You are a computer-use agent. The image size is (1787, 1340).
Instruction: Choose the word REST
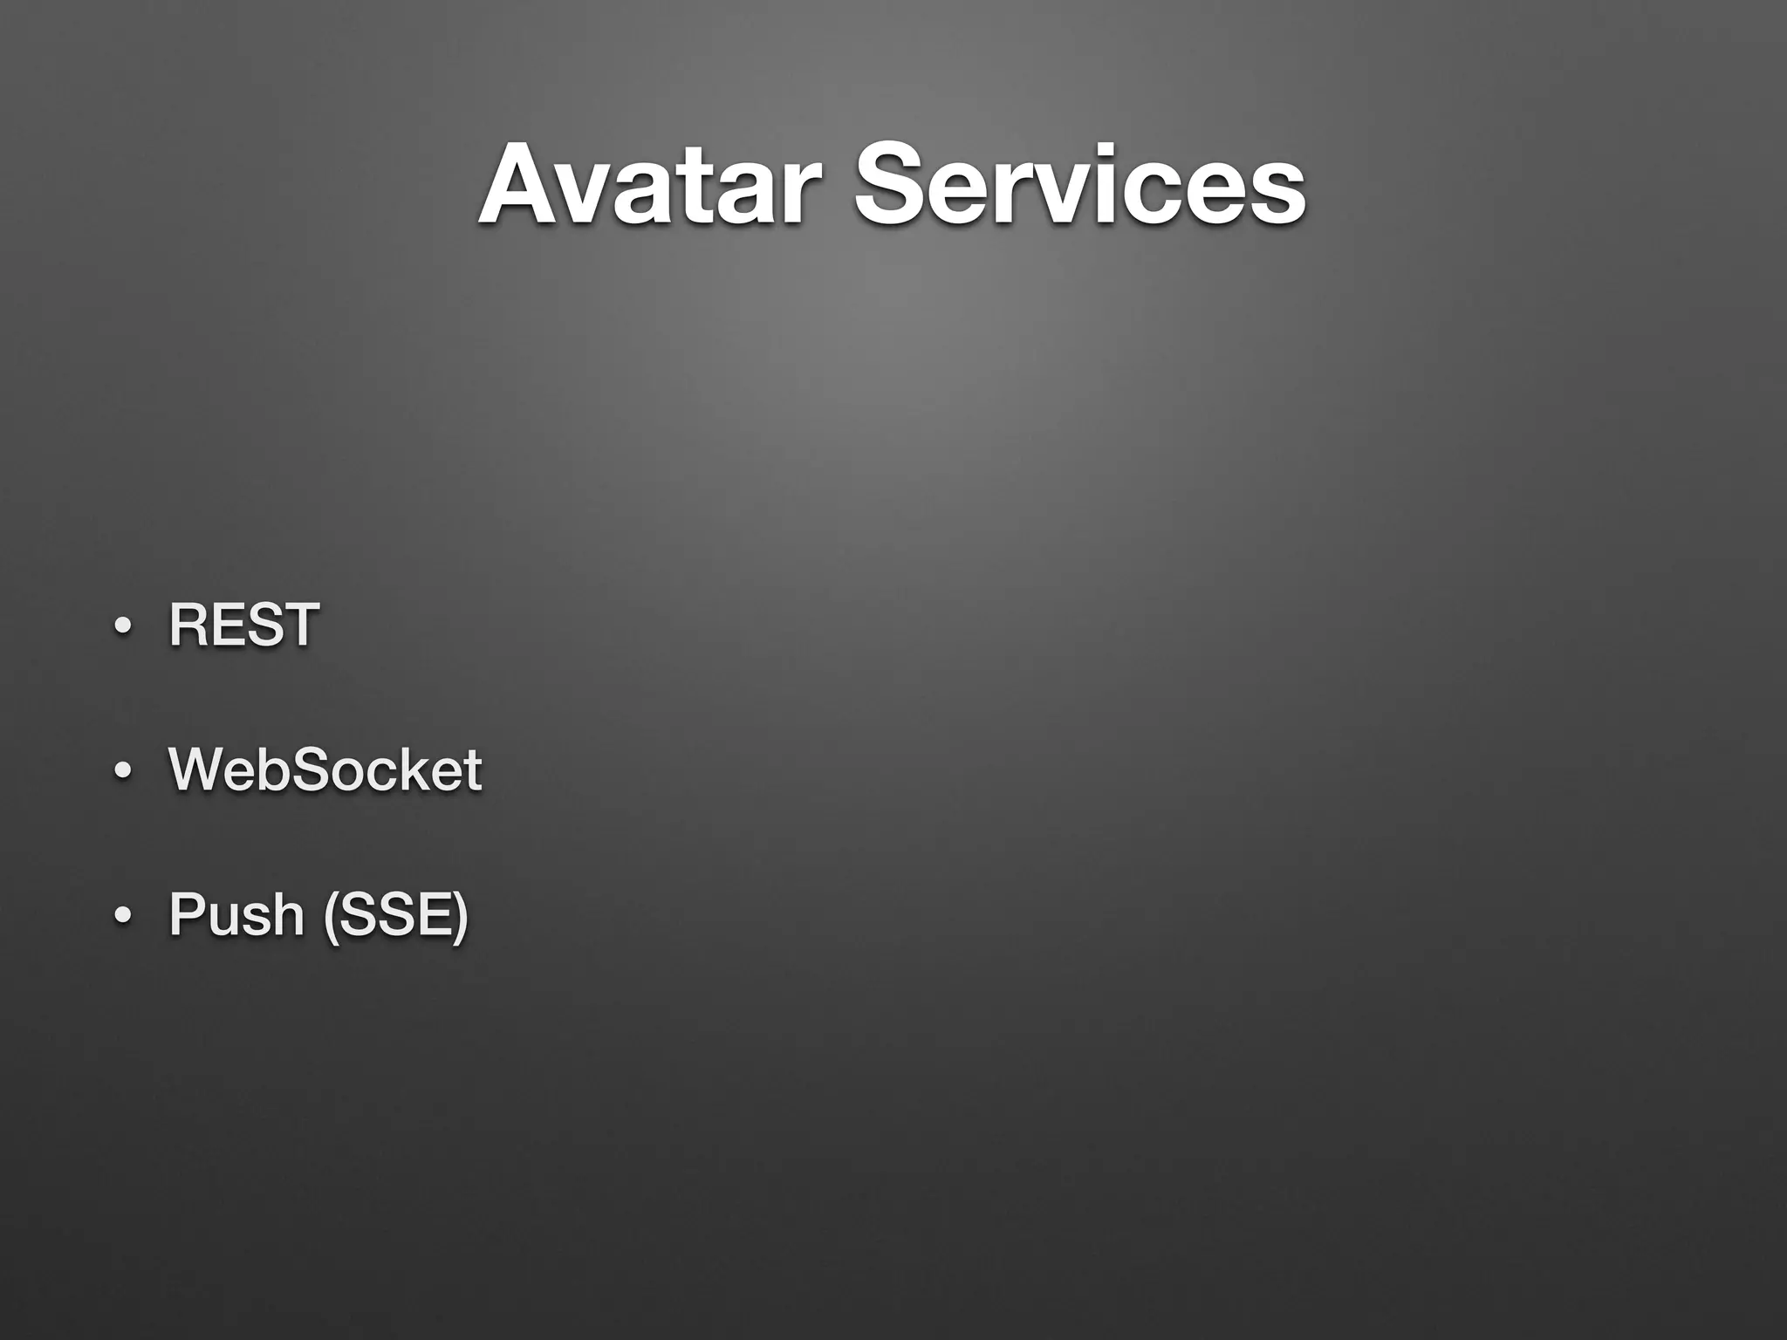pyautogui.click(x=243, y=625)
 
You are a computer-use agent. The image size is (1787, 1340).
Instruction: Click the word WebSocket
pyautogui.click(x=325, y=769)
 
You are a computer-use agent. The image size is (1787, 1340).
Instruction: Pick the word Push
pyautogui.click(x=236, y=914)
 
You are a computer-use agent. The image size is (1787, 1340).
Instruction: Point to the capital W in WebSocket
pyautogui.click(x=199, y=769)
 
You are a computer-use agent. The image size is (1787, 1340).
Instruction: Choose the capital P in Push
pyautogui.click(x=188, y=914)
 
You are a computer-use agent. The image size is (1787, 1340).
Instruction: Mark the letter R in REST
pyautogui.click(x=188, y=625)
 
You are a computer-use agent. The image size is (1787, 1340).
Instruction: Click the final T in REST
pyautogui.click(x=299, y=625)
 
